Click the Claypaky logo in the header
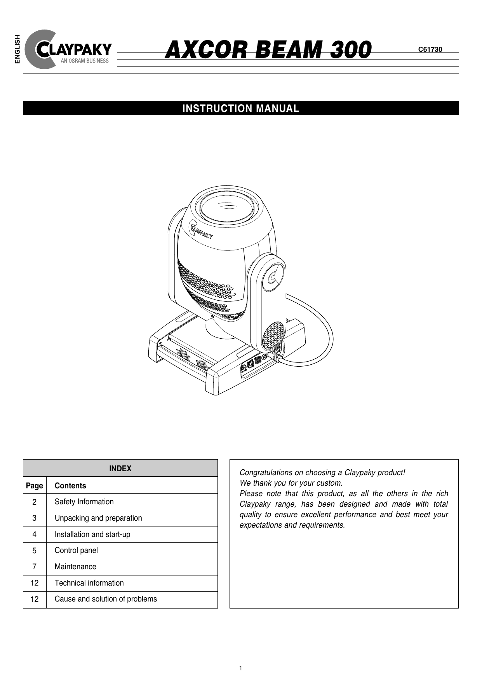(x=68, y=50)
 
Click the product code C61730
(x=430, y=49)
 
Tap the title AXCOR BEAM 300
(x=268, y=50)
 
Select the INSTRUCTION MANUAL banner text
(x=241, y=108)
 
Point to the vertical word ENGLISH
(x=17, y=49)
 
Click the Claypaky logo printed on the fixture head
(x=200, y=229)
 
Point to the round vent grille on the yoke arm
(x=273, y=335)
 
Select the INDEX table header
(x=120, y=469)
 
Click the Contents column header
(x=70, y=486)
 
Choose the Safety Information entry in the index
(x=84, y=502)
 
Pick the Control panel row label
(x=76, y=551)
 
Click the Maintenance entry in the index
(x=75, y=567)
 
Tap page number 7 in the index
(x=35, y=567)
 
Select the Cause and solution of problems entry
(x=106, y=599)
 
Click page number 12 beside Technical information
(x=35, y=583)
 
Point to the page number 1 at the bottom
(x=241, y=668)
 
